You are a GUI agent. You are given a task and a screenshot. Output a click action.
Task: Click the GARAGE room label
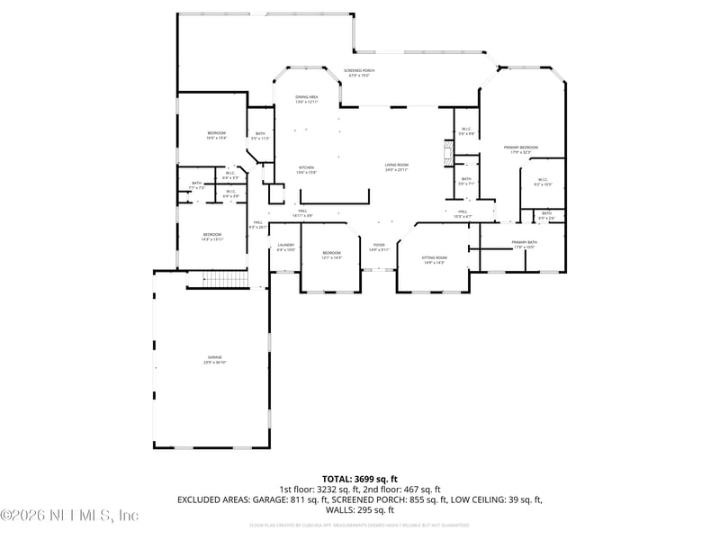211,359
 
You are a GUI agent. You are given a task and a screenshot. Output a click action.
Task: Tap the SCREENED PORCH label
359,73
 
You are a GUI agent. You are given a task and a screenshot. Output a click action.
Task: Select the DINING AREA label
307,99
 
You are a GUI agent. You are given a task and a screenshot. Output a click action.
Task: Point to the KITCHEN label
307,169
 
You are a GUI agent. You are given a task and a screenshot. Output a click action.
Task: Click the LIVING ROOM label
397,166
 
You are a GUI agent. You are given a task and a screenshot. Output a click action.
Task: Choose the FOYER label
379,247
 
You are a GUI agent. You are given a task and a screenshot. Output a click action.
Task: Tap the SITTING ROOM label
434,259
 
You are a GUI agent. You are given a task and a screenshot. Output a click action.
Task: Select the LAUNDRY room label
286,247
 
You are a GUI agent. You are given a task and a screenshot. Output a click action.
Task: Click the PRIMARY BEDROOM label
524,149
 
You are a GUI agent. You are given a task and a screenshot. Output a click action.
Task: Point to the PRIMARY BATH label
524,244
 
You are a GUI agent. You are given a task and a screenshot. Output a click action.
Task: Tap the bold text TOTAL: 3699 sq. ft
360,479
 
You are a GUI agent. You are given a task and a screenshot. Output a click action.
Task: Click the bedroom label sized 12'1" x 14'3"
332,256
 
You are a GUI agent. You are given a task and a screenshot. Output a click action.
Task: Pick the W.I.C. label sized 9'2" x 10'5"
543,182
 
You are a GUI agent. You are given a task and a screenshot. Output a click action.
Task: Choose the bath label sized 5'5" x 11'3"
260,137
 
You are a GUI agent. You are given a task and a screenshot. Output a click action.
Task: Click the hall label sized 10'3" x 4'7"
461,214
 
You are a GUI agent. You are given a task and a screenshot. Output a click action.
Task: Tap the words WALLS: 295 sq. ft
360,509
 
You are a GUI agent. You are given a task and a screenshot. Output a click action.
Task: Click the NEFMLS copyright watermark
69,516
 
